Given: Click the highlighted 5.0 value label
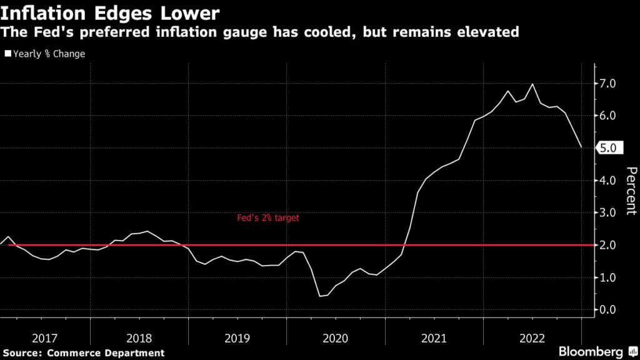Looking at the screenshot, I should [x=607, y=149].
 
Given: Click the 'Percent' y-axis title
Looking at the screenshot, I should [x=631, y=191].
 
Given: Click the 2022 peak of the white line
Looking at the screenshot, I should [x=532, y=84].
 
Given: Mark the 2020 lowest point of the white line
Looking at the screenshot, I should [x=320, y=296].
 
